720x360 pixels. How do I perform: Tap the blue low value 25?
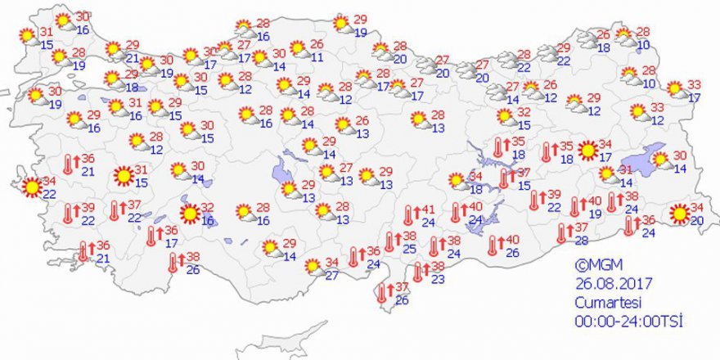tap(408, 248)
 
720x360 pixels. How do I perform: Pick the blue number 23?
tap(438, 280)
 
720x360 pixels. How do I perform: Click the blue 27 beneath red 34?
tap(331, 276)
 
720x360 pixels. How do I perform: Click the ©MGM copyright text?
tap(594, 265)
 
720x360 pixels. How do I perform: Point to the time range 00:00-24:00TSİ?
tap(628, 320)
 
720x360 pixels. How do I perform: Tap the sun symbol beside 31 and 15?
tap(123, 175)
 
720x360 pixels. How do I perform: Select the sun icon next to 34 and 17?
tap(587, 151)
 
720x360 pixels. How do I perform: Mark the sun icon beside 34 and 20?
tap(679, 214)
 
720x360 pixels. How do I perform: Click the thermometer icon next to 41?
tap(407, 216)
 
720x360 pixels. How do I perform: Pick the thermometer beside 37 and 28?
tap(562, 233)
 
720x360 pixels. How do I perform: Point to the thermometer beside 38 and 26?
tap(173, 263)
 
